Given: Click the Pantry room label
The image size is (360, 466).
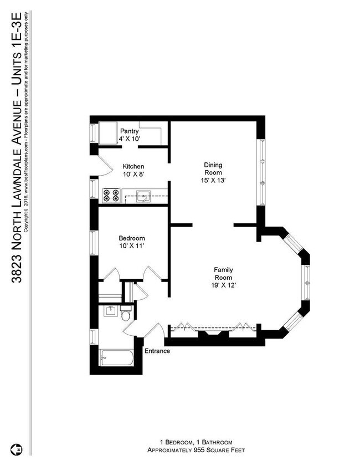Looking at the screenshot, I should (129, 131).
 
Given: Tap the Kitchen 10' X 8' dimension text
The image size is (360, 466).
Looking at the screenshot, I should (133, 174).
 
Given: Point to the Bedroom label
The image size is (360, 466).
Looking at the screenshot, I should (131, 238).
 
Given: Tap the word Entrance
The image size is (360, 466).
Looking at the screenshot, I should (157, 351).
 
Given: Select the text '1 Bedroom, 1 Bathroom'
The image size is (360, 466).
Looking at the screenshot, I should (196, 442).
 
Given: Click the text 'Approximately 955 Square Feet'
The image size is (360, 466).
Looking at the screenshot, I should (196, 450).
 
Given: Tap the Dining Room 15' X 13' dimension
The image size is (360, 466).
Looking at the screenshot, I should (213, 180).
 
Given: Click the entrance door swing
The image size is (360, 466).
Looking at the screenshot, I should (156, 332).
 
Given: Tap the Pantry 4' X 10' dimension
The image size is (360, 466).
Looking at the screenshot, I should (129, 139).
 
